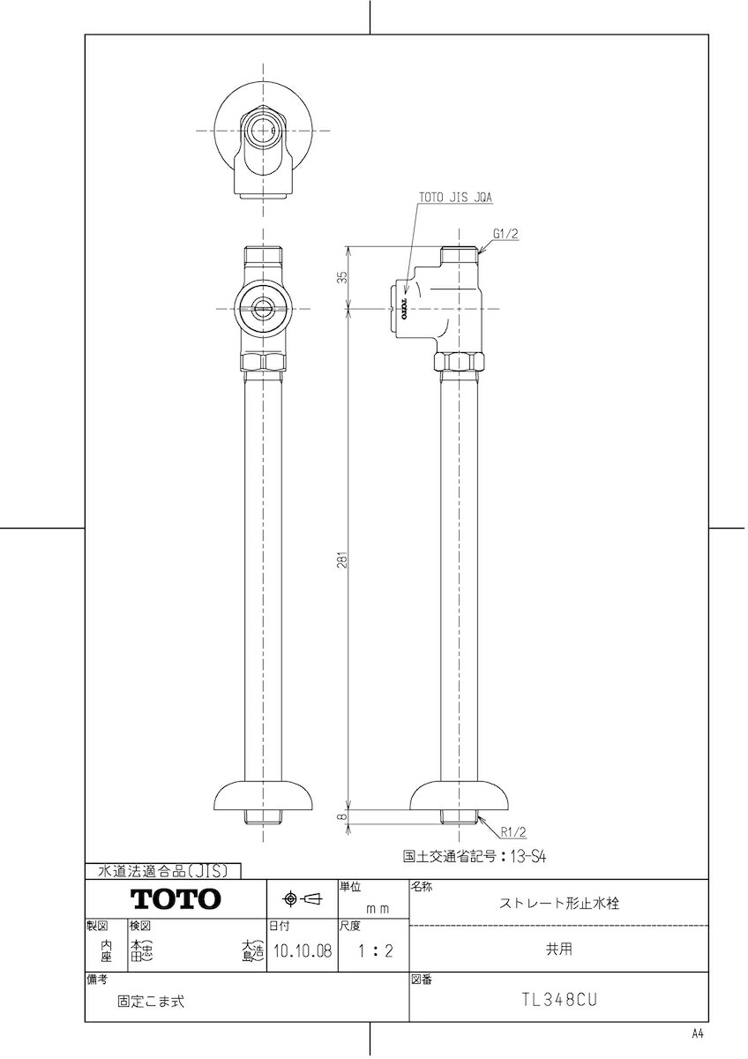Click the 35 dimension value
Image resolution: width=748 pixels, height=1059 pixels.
tap(342, 276)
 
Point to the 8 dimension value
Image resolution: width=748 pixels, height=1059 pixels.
tap(342, 817)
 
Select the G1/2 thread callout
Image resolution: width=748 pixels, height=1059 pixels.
tap(506, 234)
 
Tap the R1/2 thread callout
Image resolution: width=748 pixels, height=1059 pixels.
tap(513, 831)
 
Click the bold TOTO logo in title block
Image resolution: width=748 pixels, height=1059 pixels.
tap(176, 899)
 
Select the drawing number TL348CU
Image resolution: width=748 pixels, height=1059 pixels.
tap(558, 1000)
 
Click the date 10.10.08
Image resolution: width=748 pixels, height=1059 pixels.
tap(302, 952)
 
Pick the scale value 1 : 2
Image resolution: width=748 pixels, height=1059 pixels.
tap(371, 952)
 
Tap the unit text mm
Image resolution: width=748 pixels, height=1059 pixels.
tap(378, 908)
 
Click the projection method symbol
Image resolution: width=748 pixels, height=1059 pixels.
tap(302, 899)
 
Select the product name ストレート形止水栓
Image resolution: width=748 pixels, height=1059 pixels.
tap(559, 904)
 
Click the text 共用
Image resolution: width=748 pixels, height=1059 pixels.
tap(558, 950)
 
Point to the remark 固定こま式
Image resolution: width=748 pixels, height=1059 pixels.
tap(151, 1001)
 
